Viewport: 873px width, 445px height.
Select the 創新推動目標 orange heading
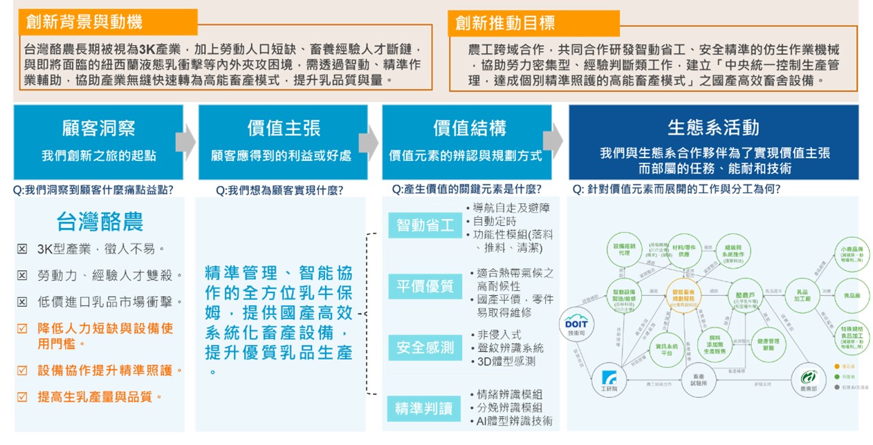[505, 23]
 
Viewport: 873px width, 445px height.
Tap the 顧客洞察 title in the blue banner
[98, 128]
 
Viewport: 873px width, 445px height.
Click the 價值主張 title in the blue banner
[284, 128]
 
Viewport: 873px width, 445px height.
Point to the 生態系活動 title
[713, 127]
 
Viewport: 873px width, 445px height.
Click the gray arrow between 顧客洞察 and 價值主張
[185, 142]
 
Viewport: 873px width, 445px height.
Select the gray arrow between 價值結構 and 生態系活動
[553, 142]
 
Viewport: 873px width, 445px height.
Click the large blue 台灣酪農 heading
[100, 222]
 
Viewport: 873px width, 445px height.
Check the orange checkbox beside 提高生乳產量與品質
[22, 397]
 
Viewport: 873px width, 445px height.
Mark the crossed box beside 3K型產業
[22, 249]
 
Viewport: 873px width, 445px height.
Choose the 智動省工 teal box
[425, 225]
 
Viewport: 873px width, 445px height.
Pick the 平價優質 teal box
[425, 285]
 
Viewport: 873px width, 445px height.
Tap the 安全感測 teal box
[425, 347]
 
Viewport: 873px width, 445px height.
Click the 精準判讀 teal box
[424, 408]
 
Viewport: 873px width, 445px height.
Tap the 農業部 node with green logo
[808, 379]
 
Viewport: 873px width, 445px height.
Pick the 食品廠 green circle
[852, 296]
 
